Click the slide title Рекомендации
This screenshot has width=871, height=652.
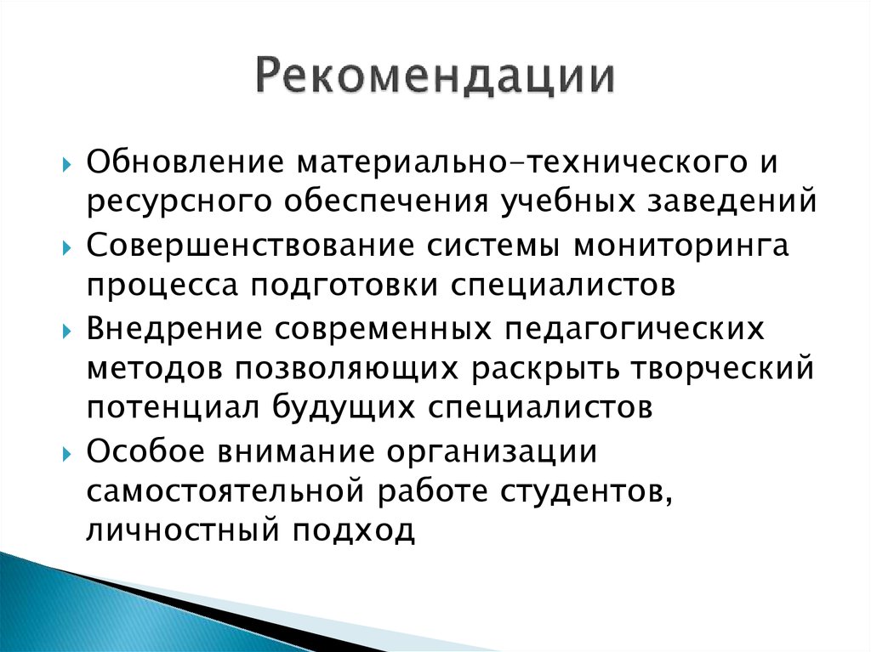point(435,78)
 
